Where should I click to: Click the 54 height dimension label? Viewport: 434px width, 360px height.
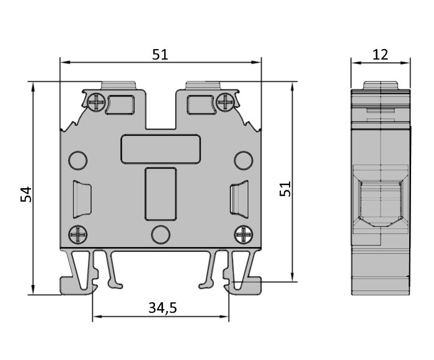26,194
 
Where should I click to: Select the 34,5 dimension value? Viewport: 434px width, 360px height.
162,308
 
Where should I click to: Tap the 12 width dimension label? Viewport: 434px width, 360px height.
380,55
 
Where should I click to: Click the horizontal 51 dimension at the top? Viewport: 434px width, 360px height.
160,55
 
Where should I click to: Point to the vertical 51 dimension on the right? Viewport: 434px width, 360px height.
285,189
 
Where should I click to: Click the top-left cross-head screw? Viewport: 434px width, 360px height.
96,102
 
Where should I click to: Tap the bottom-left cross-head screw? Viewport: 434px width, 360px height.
77,235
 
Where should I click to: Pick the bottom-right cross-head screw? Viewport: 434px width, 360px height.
244,235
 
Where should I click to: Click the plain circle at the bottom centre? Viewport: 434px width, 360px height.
161,235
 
